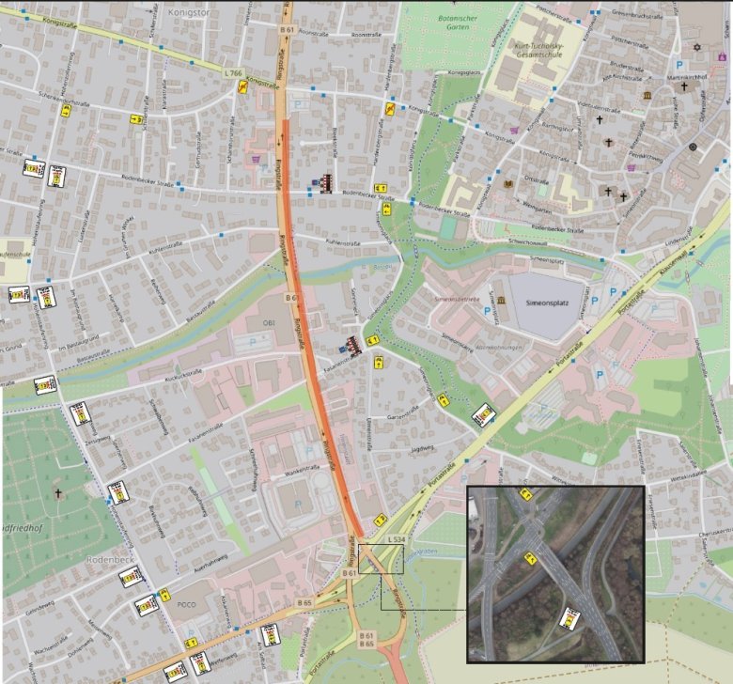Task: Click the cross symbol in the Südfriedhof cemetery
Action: [x=57, y=492]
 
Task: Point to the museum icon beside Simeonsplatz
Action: [x=501, y=300]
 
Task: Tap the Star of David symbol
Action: [x=696, y=46]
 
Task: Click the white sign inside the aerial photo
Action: [x=569, y=618]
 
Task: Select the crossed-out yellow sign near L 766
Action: [x=243, y=87]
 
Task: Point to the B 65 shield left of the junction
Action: [x=305, y=601]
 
